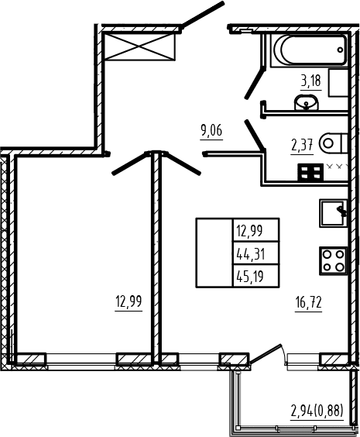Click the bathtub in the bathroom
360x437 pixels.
point(309,50)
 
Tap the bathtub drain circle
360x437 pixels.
point(340,50)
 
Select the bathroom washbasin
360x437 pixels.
point(306,102)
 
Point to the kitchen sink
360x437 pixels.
point(333,213)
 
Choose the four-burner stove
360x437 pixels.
point(333,261)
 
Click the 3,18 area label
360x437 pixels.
point(310,81)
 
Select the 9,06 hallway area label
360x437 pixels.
point(211,130)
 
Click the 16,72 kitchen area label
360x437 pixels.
point(309,302)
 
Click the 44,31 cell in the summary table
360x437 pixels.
point(255,253)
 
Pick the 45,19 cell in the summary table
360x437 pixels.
point(255,276)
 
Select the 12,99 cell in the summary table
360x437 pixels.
point(255,230)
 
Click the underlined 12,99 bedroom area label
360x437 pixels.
point(129,301)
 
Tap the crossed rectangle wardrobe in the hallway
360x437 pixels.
point(139,46)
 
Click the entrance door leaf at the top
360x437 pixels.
point(202,15)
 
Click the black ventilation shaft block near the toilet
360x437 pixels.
point(310,172)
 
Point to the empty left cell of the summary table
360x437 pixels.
point(214,253)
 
